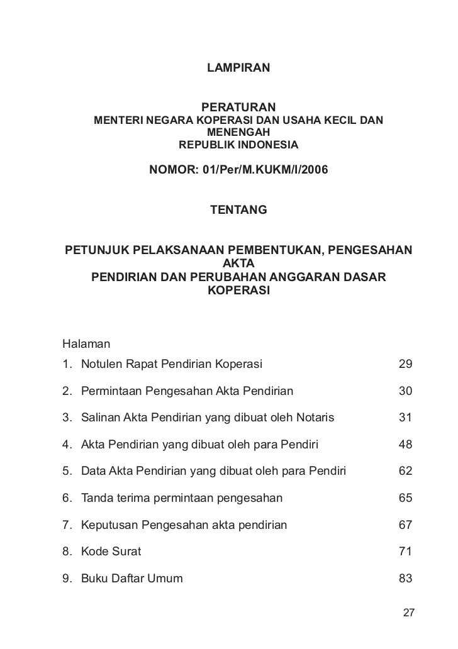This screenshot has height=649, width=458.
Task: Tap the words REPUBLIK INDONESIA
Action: point(239,145)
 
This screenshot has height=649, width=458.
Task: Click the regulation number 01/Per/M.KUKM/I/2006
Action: point(265,170)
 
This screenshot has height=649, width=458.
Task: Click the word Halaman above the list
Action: point(86,344)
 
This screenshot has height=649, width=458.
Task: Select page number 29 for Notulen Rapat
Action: point(405,364)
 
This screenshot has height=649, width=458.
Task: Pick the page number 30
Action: point(405,391)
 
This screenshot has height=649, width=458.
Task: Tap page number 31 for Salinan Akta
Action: point(405,418)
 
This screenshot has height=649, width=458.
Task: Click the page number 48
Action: point(405,445)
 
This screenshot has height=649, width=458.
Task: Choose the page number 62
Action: point(405,472)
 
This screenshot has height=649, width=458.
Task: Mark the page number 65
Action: point(405,498)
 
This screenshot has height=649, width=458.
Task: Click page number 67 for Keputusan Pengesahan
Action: point(405,525)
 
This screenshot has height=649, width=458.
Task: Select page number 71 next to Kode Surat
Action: point(405,552)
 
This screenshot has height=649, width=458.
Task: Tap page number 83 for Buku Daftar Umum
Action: point(405,579)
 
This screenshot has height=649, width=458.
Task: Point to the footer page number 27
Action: point(408,613)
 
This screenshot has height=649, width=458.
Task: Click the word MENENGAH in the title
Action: point(238,132)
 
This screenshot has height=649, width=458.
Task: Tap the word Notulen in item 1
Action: point(101,364)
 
